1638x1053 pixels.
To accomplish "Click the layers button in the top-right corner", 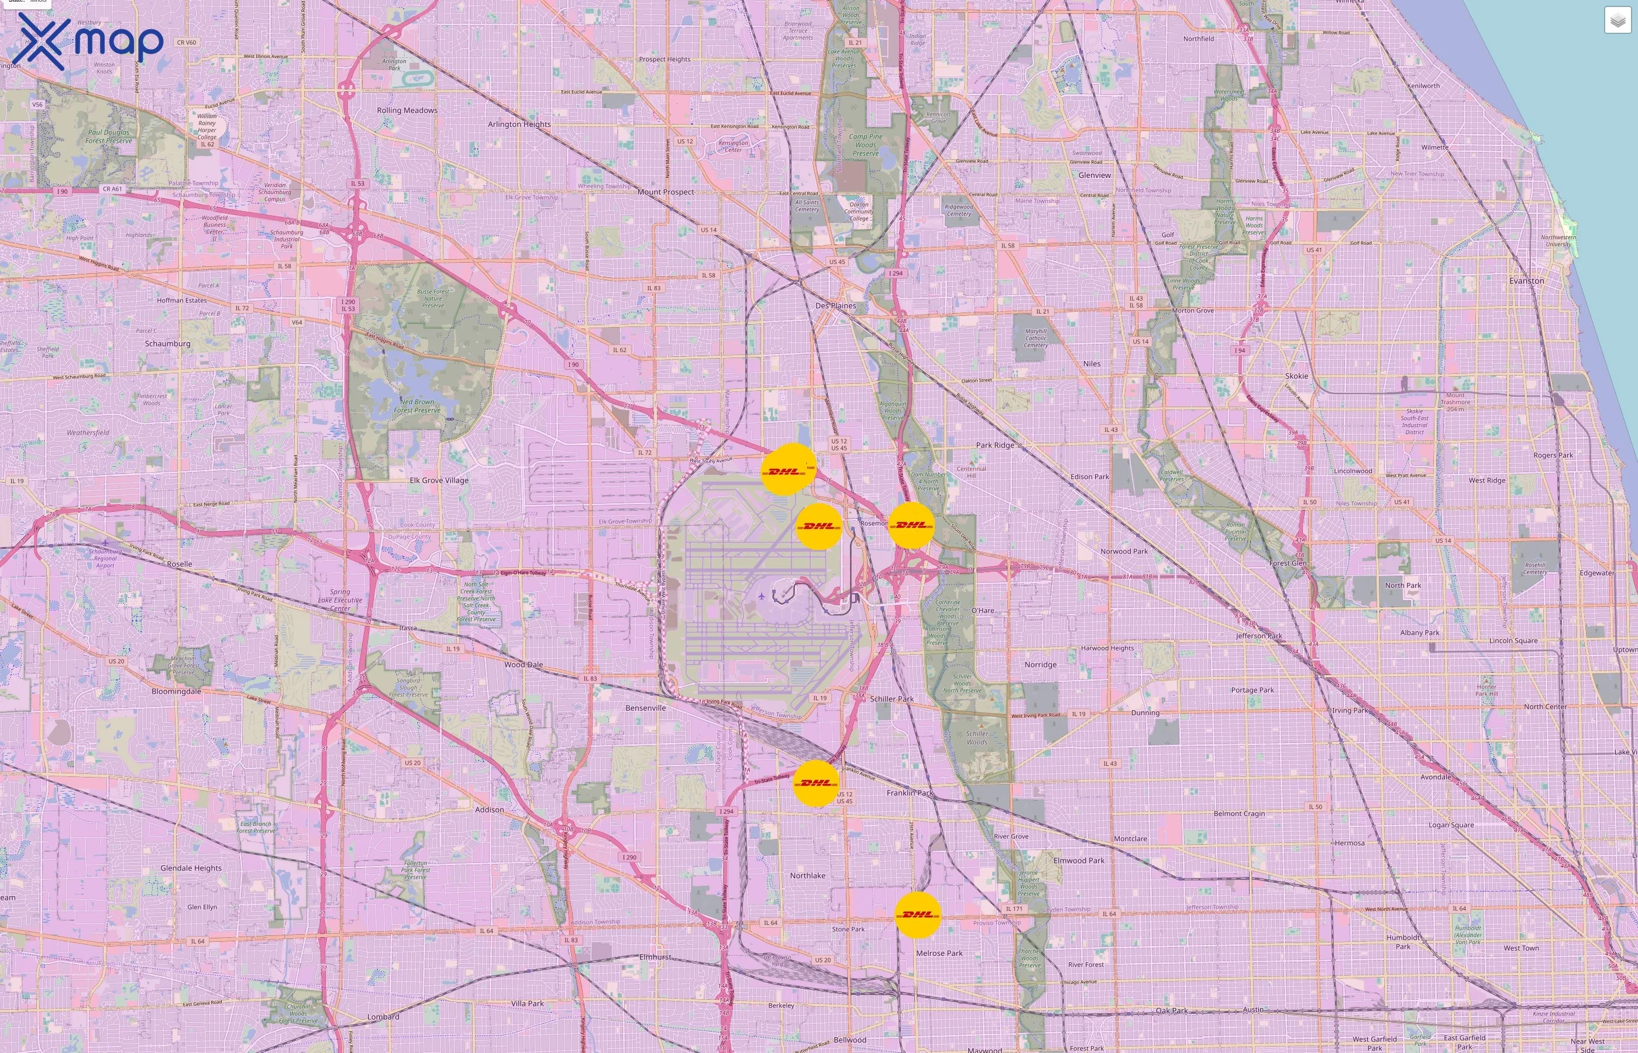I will [x=1617, y=20].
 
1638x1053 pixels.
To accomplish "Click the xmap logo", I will [x=90, y=41].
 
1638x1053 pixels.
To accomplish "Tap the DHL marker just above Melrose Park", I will [x=917, y=914].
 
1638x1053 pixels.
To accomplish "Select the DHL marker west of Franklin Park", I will [x=815, y=783].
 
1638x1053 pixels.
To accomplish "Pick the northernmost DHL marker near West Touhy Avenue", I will [x=787, y=470].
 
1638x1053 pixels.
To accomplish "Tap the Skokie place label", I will [x=1296, y=376].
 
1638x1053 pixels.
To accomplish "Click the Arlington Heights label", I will [x=519, y=125].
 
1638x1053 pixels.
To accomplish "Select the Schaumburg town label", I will [x=167, y=344].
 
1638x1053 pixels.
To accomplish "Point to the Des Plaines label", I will [x=835, y=305].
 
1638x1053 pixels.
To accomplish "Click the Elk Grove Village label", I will [x=439, y=481].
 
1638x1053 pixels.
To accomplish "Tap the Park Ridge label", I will [x=994, y=445].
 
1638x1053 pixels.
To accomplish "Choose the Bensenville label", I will [x=645, y=708].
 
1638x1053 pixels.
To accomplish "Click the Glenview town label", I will [x=1094, y=175].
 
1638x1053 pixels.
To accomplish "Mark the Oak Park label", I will [x=1171, y=1010].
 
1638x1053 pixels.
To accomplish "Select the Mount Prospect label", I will [x=665, y=192].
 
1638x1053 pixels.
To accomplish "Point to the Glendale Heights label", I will [x=191, y=868].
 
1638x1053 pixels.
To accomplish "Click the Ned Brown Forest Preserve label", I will [x=417, y=406].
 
